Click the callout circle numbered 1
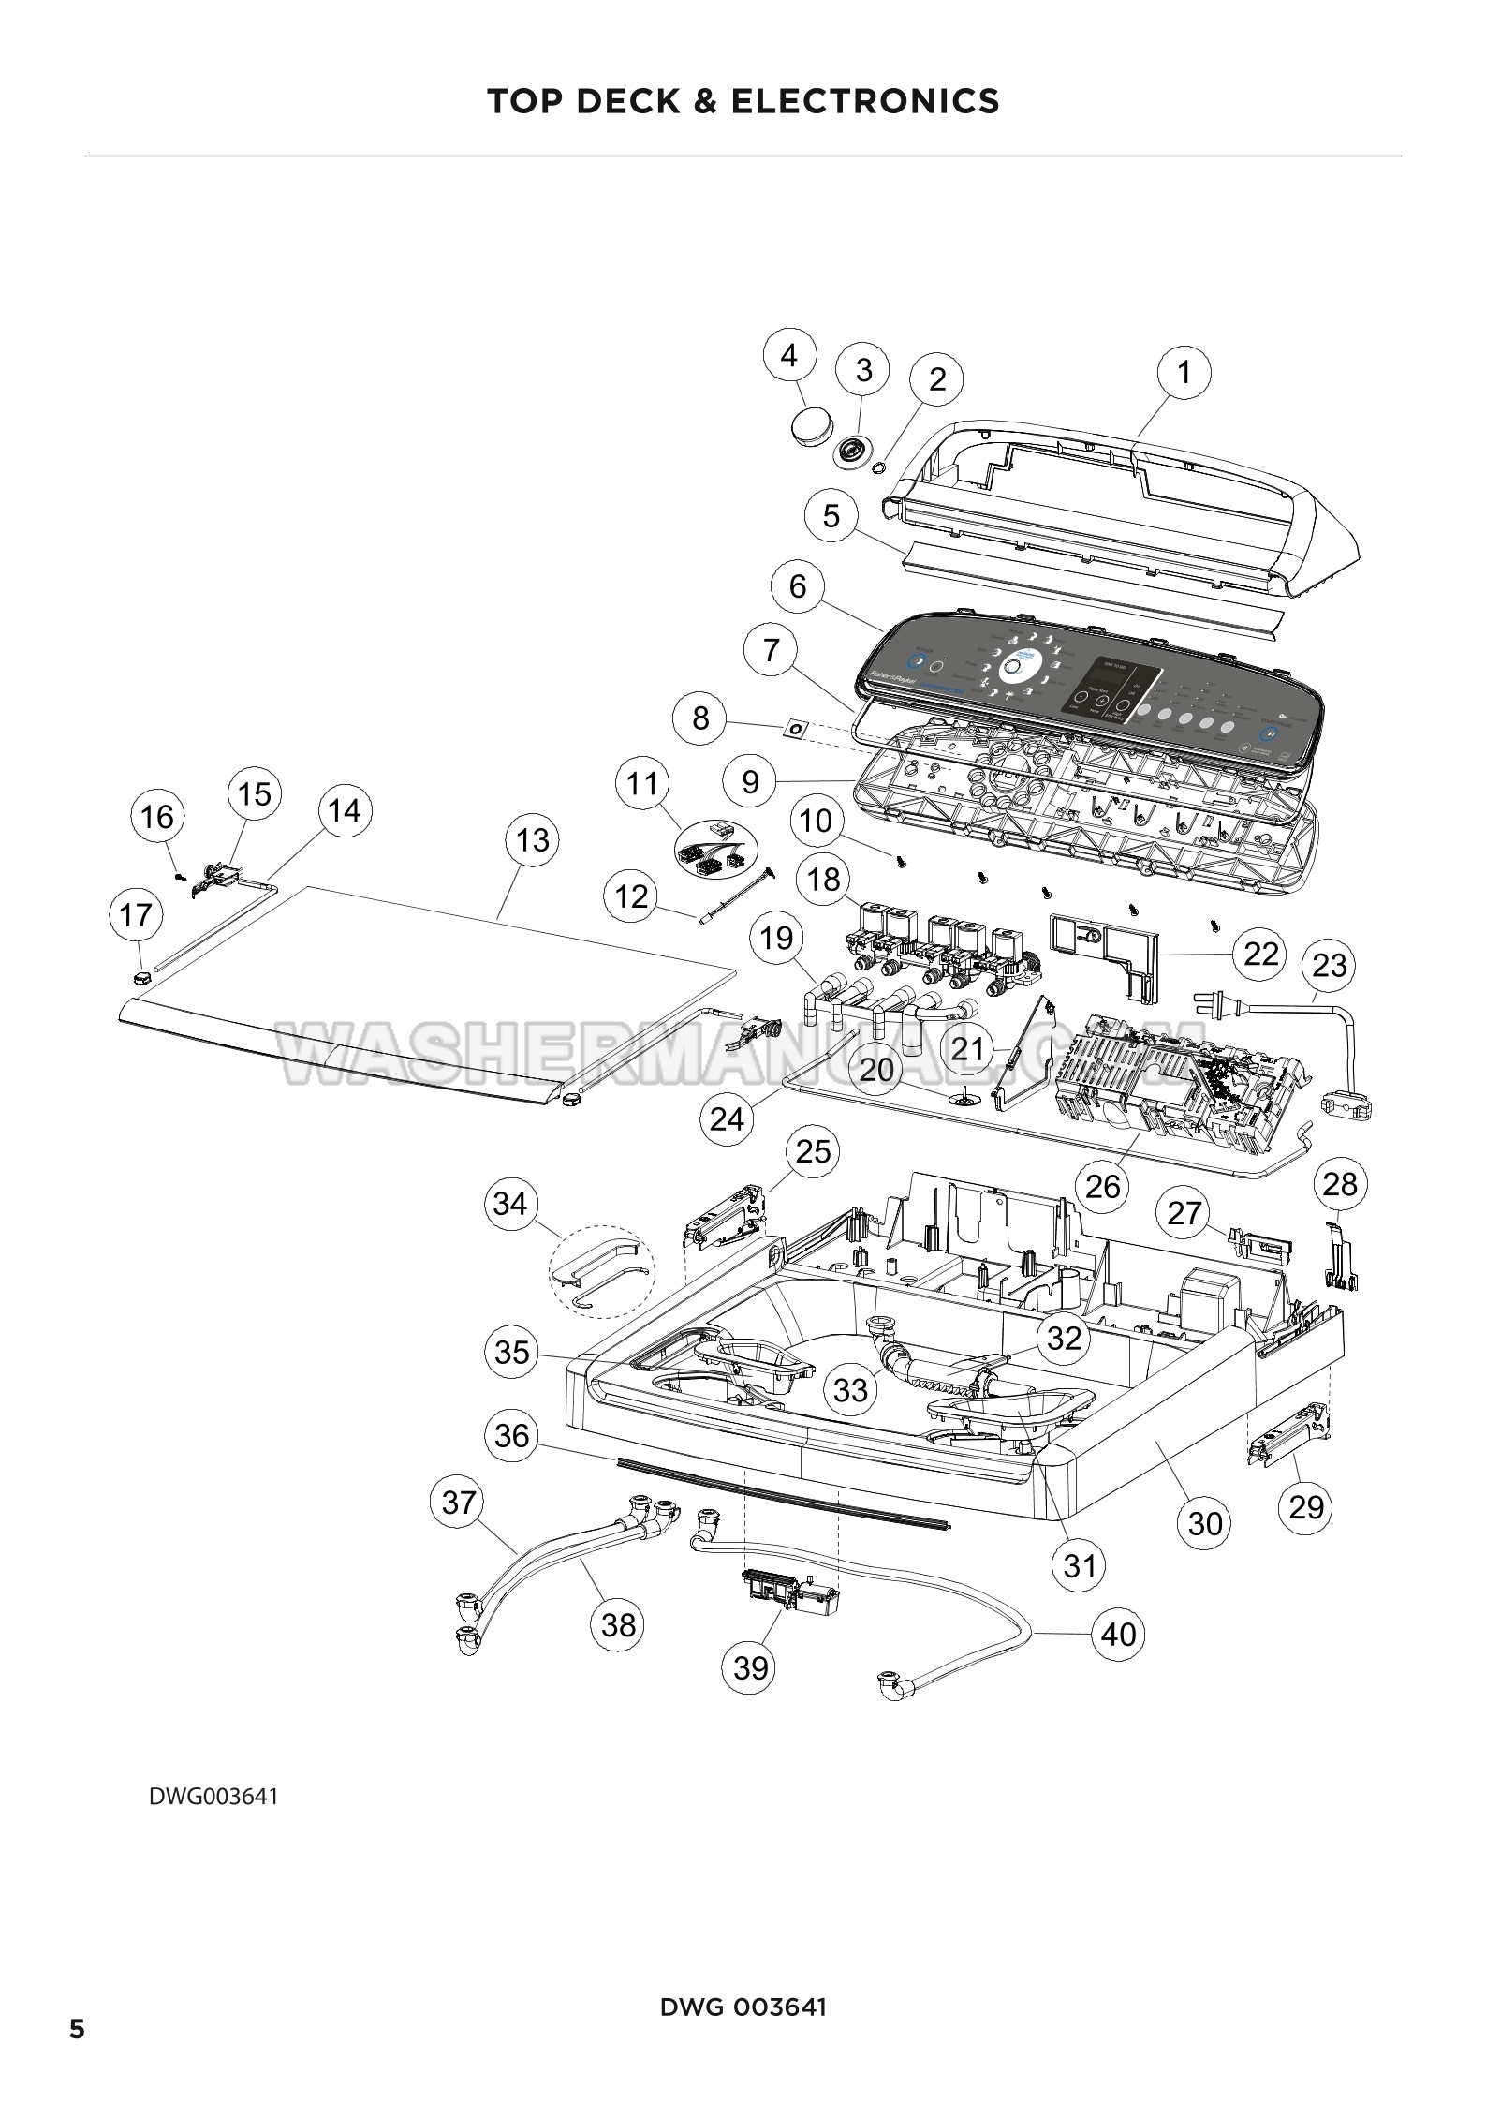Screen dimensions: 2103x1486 [x=1184, y=372]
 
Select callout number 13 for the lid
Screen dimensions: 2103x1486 [x=532, y=839]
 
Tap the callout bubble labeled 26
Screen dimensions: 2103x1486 [x=1103, y=1186]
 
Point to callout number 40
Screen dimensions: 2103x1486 [x=1118, y=1635]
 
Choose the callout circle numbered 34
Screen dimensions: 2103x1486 [x=510, y=1204]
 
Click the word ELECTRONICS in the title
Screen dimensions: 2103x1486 [x=865, y=101]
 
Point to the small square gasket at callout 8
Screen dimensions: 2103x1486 [x=797, y=727]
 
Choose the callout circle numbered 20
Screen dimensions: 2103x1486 [x=876, y=1070]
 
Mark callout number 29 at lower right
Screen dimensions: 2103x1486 [x=1306, y=1507]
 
